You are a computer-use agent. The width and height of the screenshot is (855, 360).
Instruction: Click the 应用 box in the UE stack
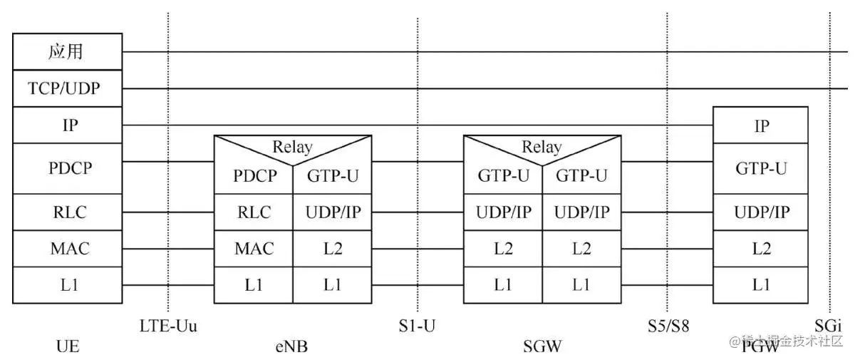[x=68, y=52]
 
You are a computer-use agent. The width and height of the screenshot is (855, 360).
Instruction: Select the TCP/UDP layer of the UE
[x=68, y=89]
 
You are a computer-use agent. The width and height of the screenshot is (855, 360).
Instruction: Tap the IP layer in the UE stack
[x=68, y=125]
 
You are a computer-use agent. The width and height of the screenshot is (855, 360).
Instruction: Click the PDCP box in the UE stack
[x=68, y=168]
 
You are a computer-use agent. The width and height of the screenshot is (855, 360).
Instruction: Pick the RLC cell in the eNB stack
[x=254, y=212]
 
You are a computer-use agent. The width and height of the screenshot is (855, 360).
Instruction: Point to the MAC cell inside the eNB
[x=254, y=249]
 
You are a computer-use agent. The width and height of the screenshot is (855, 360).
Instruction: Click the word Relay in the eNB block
[x=292, y=147]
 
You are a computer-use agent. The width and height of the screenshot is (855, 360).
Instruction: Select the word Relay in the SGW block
[x=541, y=147]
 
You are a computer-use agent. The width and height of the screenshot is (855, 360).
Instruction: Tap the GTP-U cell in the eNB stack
[x=332, y=175]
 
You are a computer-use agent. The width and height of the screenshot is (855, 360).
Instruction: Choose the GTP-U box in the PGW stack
[x=761, y=168]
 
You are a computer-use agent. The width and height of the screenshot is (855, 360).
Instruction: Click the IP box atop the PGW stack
[x=761, y=126]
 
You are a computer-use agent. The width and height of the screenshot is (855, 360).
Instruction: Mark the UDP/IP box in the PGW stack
[x=761, y=212]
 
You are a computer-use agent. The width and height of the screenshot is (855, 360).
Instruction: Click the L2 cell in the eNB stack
[x=332, y=249]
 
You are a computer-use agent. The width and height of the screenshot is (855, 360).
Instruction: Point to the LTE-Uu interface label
[x=168, y=326]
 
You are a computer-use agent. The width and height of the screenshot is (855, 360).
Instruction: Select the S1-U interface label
[x=418, y=326]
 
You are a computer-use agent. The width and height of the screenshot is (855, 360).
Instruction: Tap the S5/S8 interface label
[x=668, y=326]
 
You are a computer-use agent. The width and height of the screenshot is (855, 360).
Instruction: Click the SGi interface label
[x=829, y=326]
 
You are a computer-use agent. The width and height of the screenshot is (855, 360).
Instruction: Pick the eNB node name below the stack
[x=291, y=347]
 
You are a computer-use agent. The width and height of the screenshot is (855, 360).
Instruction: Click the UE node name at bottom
[x=67, y=347]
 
